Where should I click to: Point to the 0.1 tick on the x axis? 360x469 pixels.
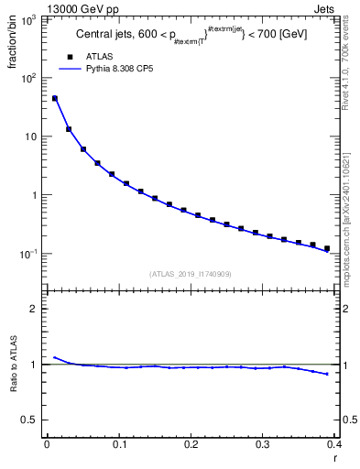118,444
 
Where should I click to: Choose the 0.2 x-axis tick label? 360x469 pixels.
191,444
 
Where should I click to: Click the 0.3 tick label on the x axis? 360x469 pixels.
263,444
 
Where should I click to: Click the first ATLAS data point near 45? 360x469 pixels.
55,98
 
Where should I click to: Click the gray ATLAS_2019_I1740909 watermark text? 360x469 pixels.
190,274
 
